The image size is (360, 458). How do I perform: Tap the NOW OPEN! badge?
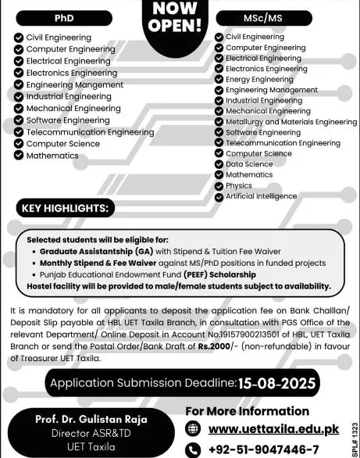pyautogui.click(x=179, y=17)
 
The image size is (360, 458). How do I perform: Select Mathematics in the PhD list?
pyautogui.click(x=52, y=156)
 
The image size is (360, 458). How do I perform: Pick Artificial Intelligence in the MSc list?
pyautogui.click(x=261, y=195)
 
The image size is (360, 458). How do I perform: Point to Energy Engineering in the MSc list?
pyautogui.click(x=259, y=79)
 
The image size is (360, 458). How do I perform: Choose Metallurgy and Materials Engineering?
pyautogui.click(x=290, y=122)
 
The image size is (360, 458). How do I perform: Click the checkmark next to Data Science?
pyautogui.click(x=219, y=164)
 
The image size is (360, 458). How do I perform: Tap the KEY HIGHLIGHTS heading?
pyautogui.click(x=66, y=209)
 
